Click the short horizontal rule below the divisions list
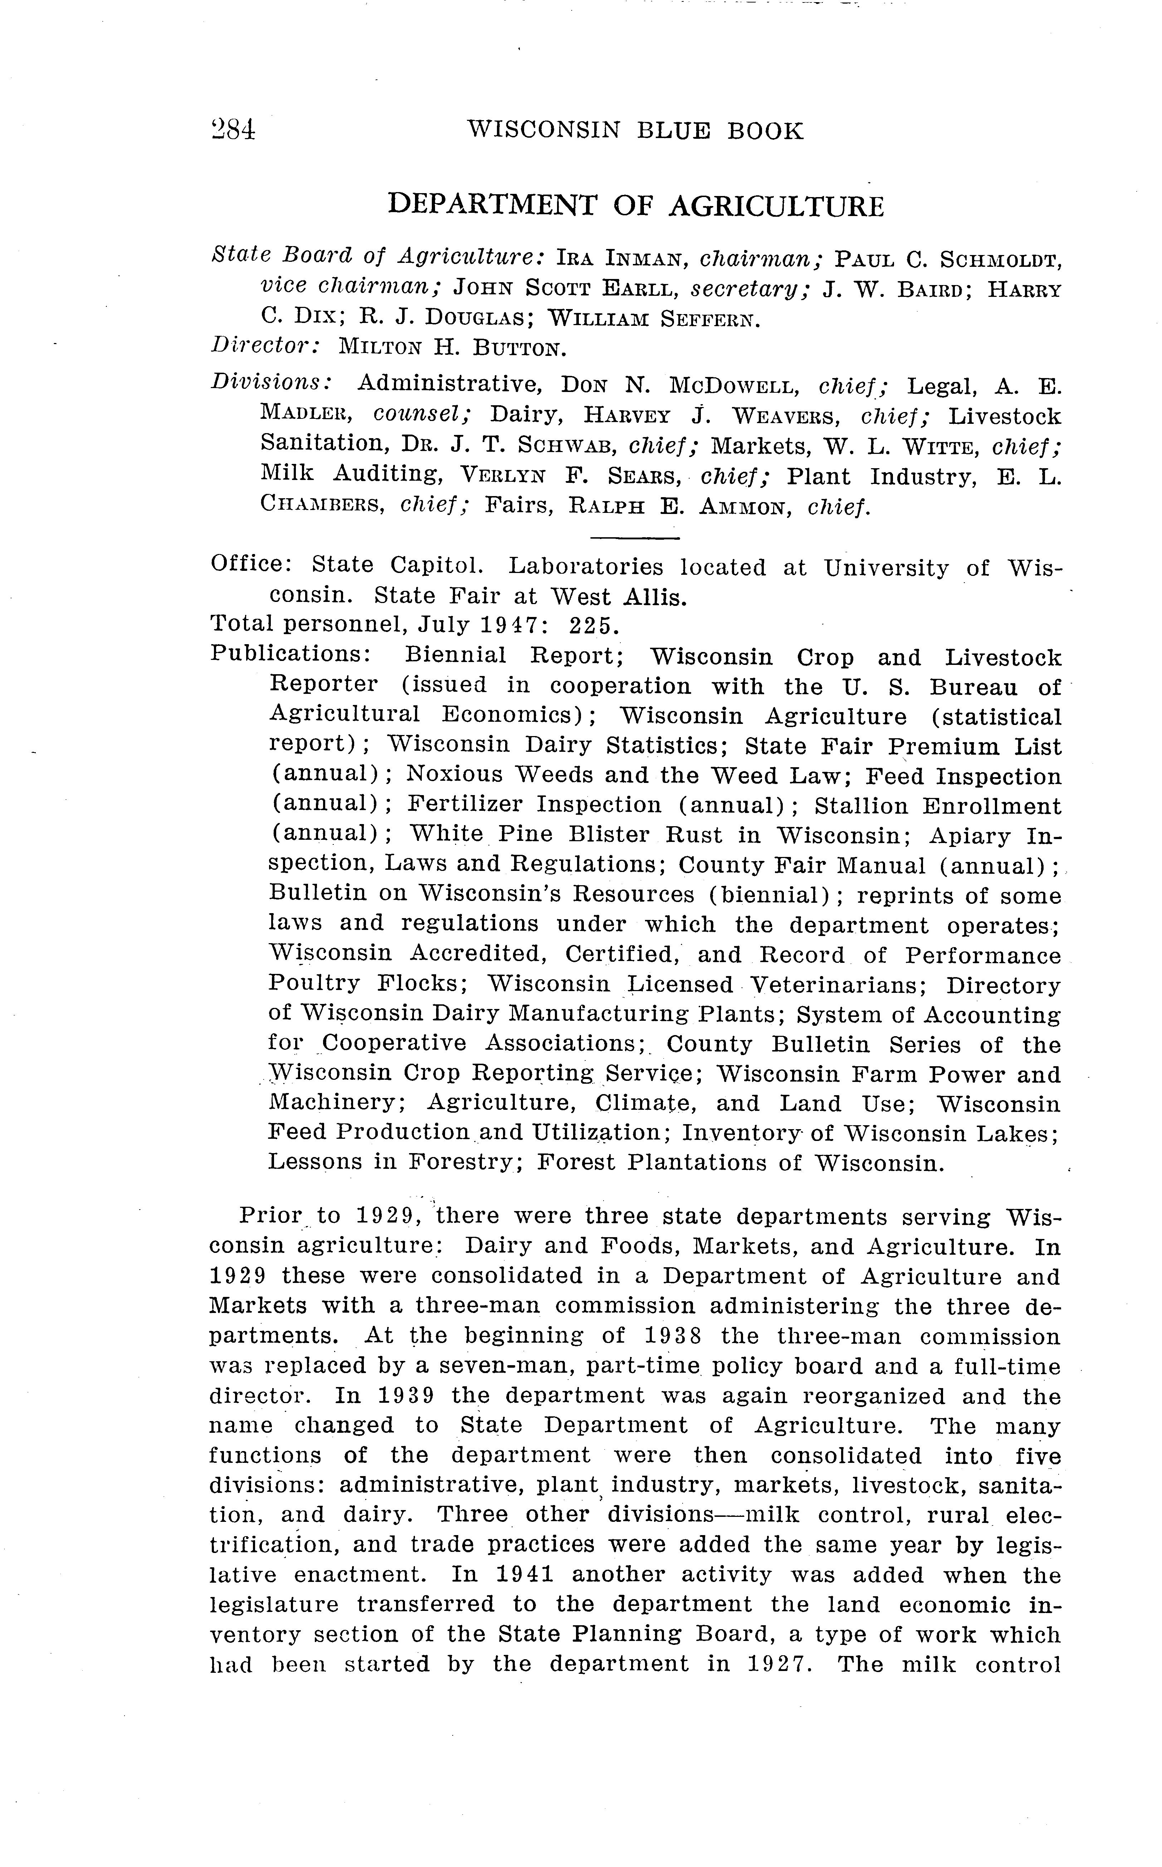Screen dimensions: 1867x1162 pos(636,538)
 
